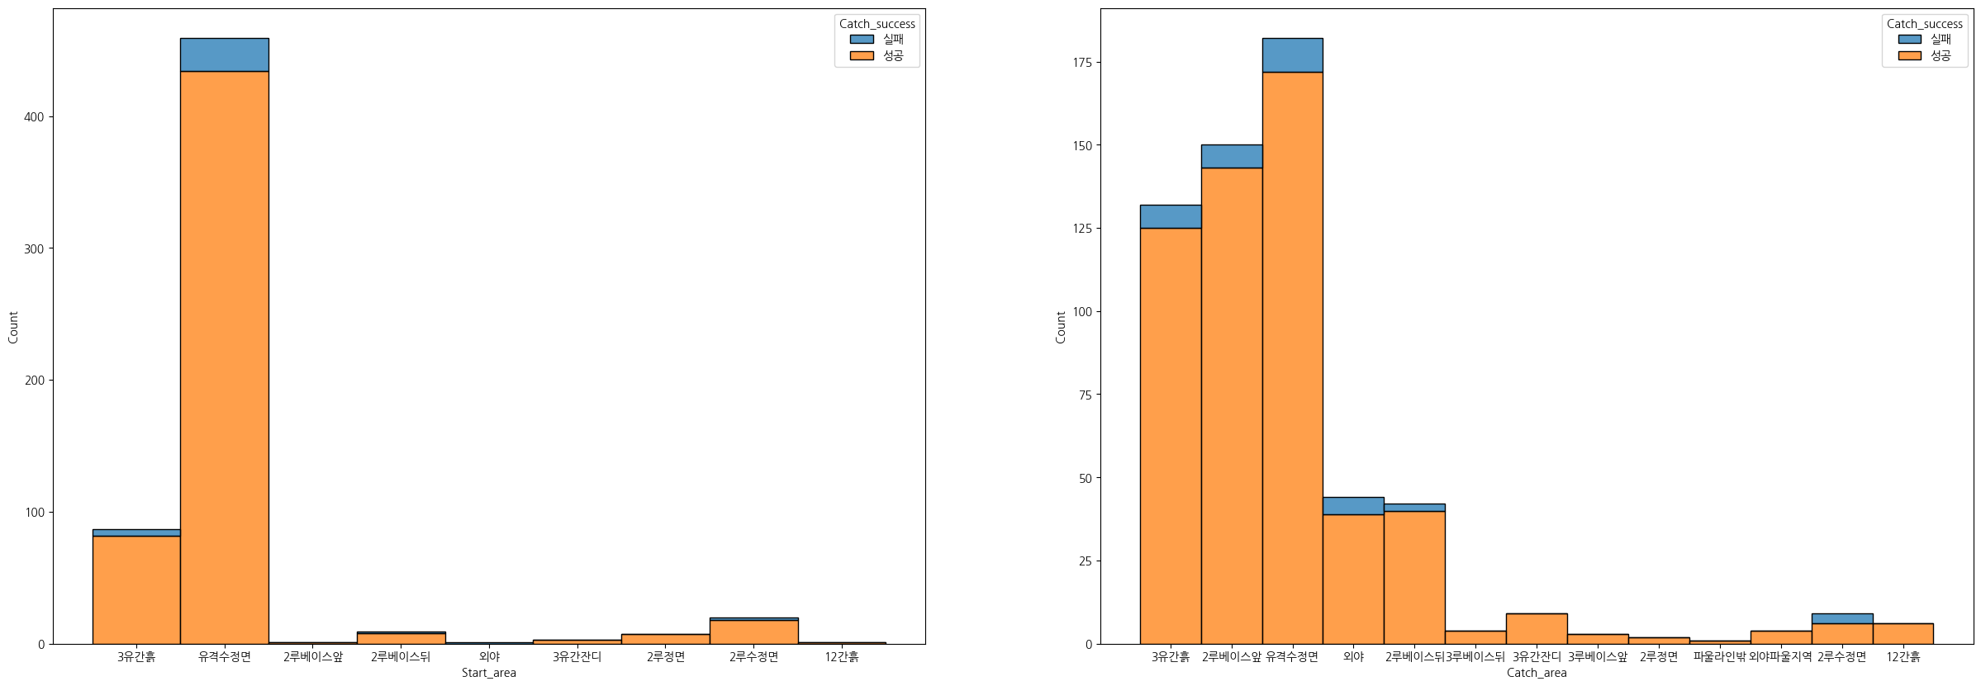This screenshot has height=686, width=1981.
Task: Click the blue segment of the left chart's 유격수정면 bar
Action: (224, 54)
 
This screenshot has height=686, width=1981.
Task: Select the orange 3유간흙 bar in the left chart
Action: (136, 589)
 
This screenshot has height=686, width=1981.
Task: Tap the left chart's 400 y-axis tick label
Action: (34, 117)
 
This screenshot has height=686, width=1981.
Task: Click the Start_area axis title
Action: (488, 673)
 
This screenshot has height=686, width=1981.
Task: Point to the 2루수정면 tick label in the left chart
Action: (753, 657)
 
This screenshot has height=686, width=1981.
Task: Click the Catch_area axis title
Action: (1536, 673)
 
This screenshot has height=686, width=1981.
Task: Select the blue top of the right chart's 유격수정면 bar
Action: (1292, 55)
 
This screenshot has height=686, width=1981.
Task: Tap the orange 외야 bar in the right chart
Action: (1353, 579)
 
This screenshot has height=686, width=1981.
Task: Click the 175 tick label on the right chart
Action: (1081, 63)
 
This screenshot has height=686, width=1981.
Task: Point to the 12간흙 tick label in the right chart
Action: (1903, 657)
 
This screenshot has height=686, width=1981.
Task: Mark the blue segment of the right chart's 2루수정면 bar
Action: (1841, 618)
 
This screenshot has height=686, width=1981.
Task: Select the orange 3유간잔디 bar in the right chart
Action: (1536, 628)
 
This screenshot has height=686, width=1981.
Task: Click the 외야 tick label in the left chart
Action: (489, 657)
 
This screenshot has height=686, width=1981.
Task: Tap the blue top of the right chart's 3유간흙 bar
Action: (1170, 216)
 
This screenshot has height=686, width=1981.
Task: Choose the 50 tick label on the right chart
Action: (1084, 478)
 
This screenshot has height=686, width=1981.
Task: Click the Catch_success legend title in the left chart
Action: (876, 24)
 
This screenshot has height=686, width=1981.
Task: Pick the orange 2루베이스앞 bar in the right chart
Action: (1231, 405)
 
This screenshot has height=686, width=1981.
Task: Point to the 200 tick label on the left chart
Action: (34, 381)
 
